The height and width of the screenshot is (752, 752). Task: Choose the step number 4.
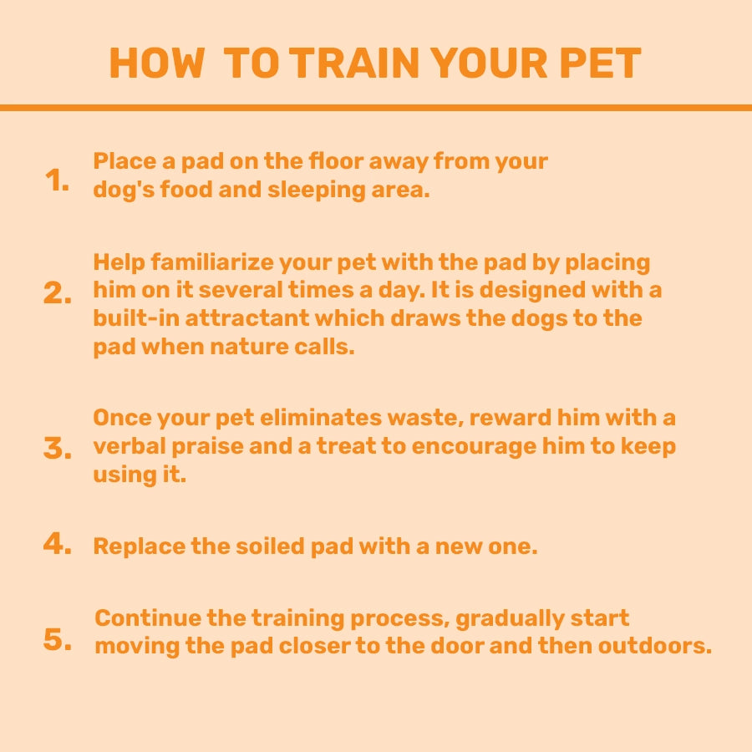coord(58,545)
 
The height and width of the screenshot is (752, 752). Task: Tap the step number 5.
coord(58,641)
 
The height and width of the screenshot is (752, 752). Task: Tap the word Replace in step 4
coord(133,547)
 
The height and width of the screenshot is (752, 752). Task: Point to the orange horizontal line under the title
coord(376,108)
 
